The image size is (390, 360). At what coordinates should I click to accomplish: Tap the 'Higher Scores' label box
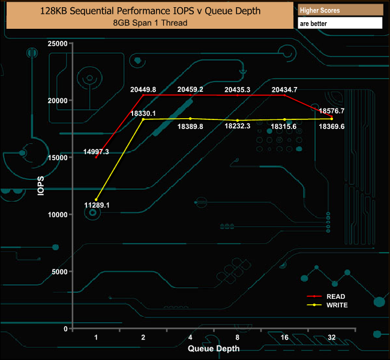click(x=320, y=10)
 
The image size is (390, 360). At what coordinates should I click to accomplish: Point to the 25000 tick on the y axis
click(x=58, y=44)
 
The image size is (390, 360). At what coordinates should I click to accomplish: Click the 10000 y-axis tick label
click(x=58, y=215)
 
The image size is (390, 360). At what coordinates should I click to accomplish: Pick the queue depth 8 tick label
click(x=238, y=338)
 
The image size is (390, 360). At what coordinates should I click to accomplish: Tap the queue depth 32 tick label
click(x=332, y=338)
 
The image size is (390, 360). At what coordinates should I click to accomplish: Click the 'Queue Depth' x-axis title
click(x=214, y=348)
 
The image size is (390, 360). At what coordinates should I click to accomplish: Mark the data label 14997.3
click(x=96, y=152)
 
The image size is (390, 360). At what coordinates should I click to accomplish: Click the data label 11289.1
click(x=97, y=205)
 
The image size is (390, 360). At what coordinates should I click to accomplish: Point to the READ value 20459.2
click(x=190, y=89)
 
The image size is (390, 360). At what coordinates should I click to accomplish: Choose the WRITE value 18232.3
click(x=238, y=127)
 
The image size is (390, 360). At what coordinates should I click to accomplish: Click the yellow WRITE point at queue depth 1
click(x=96, y=200)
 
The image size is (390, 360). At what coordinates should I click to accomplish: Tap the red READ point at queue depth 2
click(x=143, y=95)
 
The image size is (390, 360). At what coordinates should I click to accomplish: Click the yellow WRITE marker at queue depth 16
click(x=284, y=119)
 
